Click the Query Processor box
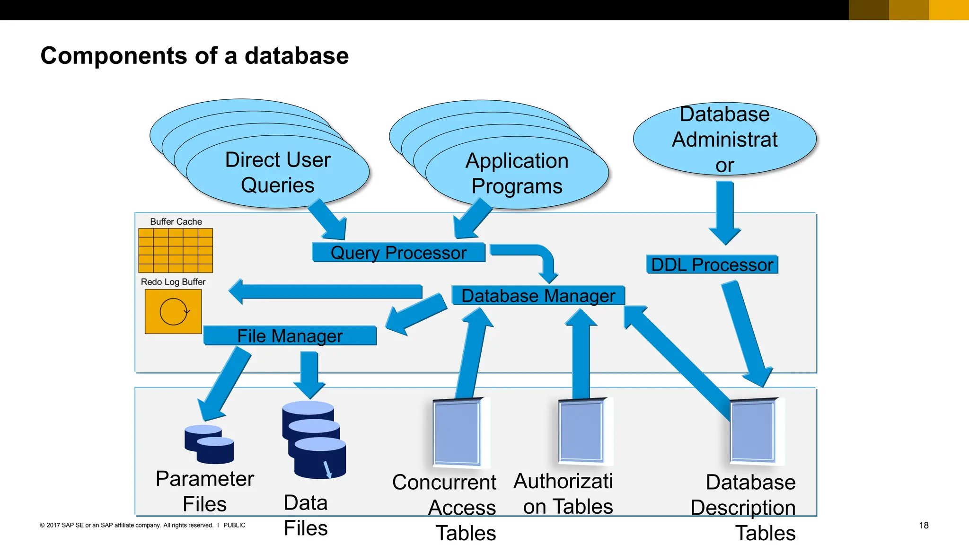(398, 253)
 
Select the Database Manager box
(538, 296)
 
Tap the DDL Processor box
(712, 264)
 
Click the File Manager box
(290, 336)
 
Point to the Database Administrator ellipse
(724, 139)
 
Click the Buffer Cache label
(176, 221)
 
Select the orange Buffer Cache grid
(176, 250)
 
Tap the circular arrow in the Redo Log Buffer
(174, 312)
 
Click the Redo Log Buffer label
(173, 282)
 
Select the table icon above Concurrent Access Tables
(458, 432)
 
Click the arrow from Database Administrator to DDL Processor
(724, 211)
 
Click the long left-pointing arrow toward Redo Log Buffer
(326, 291)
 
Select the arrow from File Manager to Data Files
(309, 374)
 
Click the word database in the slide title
(297, 56)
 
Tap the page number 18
(924, 525)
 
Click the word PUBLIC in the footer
(234, 525)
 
